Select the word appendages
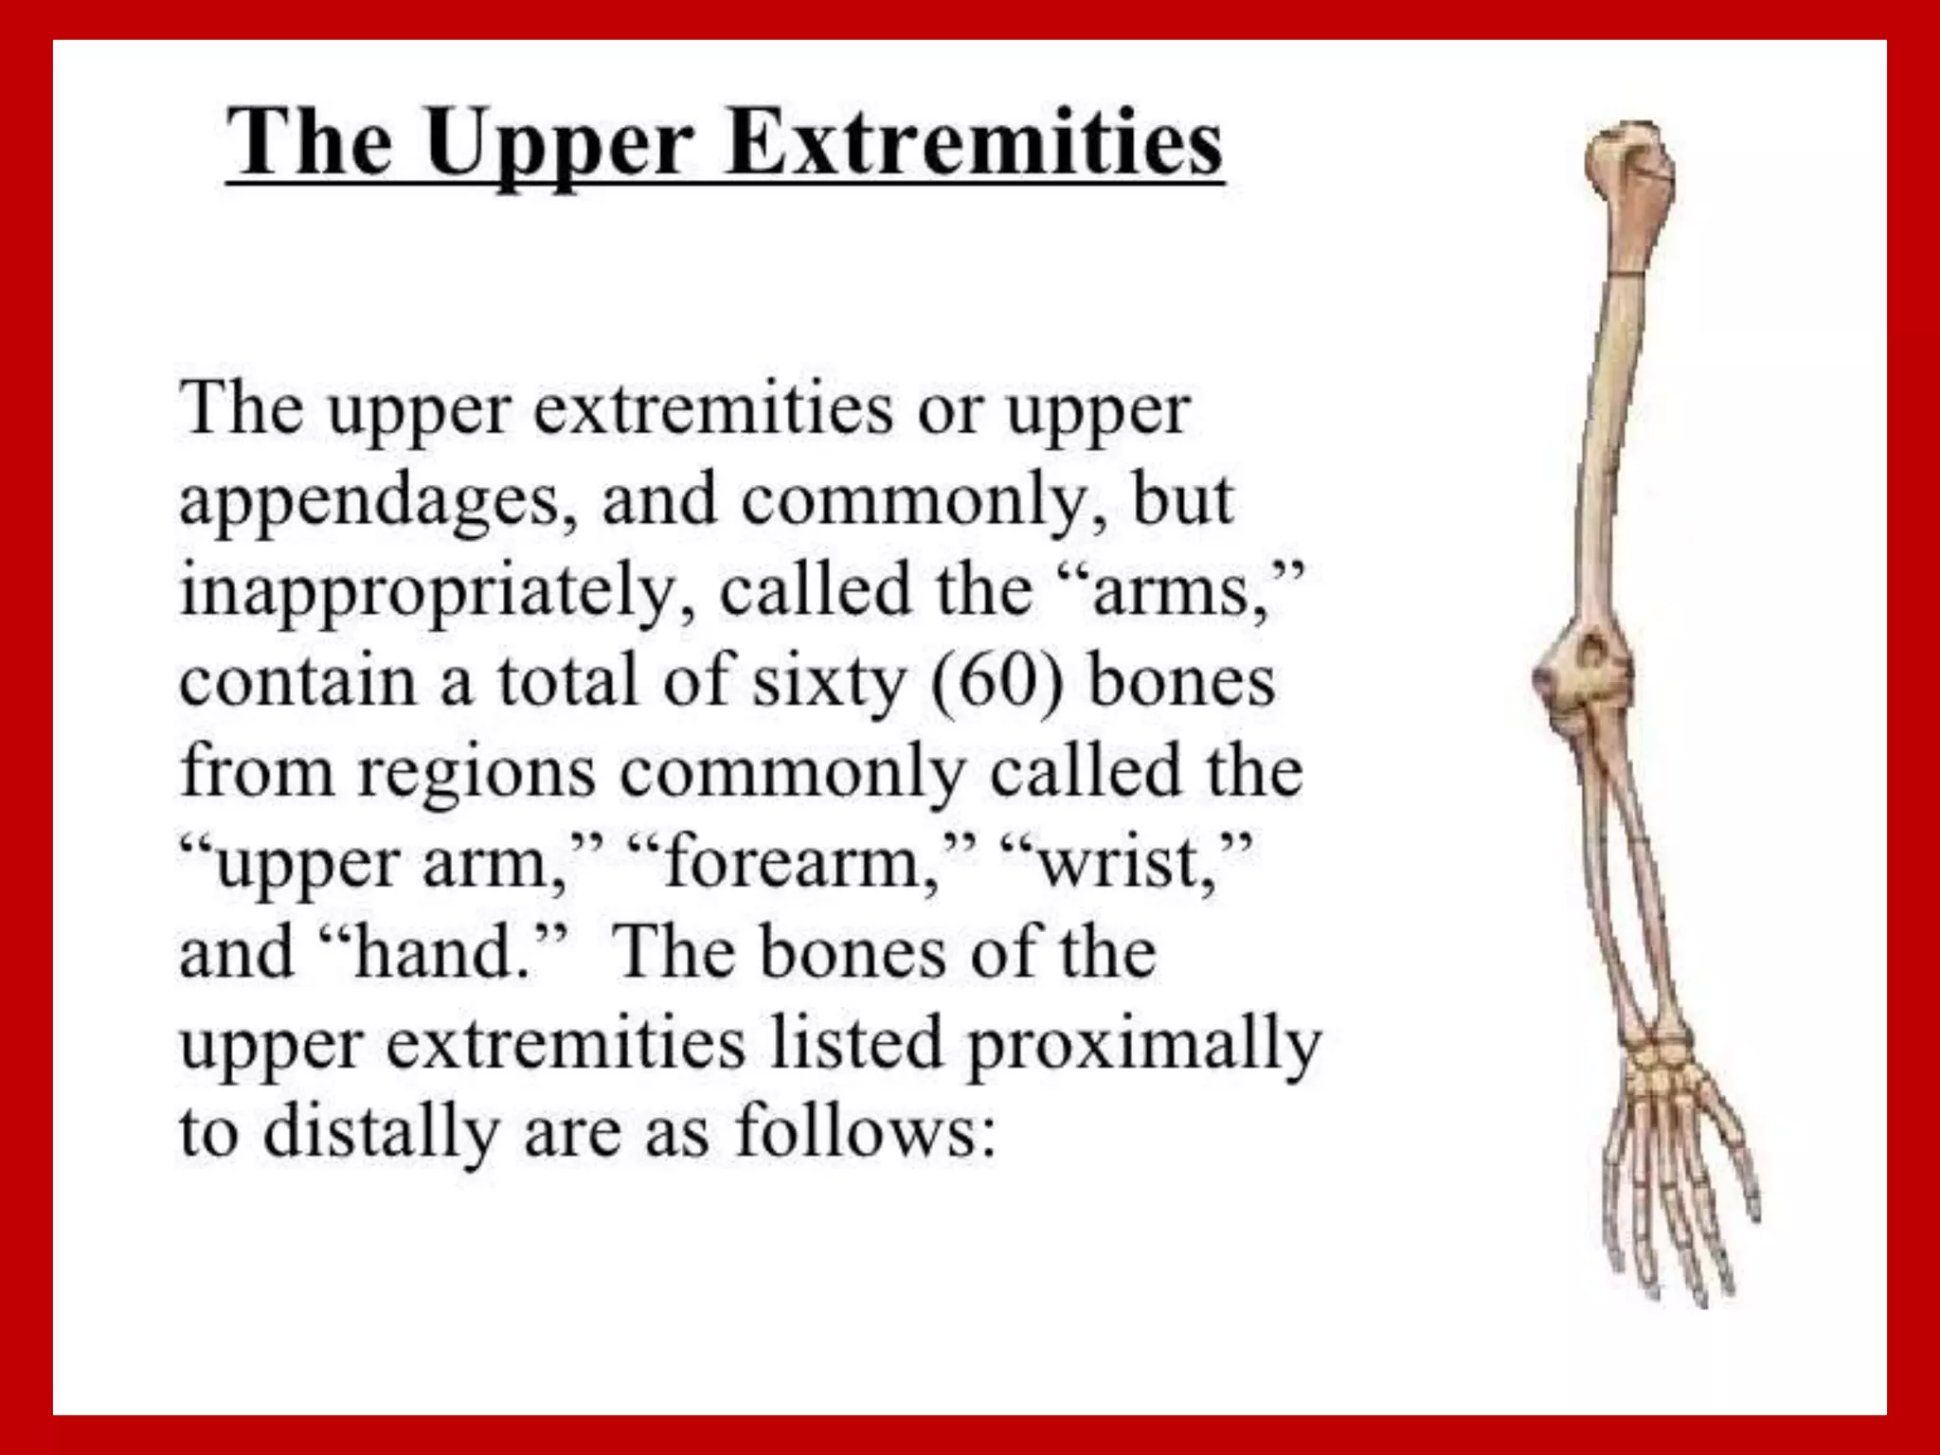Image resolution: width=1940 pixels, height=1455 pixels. (369, 502)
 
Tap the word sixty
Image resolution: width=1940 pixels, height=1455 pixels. (828, 682)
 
